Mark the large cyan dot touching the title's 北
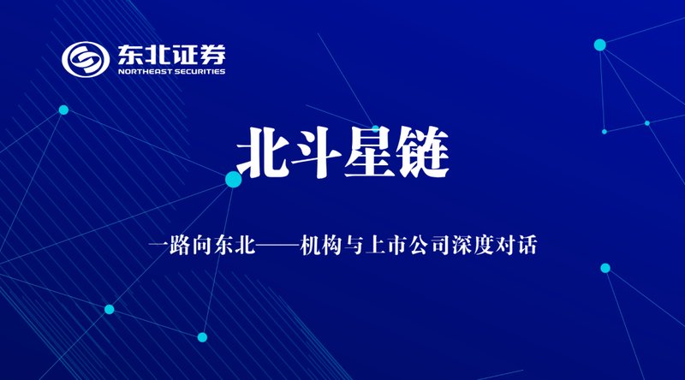(234, 179)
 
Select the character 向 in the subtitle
(202, 246)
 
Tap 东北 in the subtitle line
(235, 246)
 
